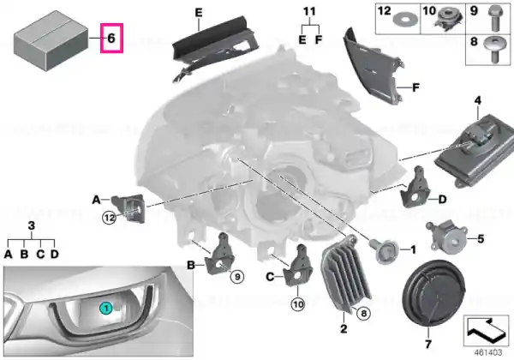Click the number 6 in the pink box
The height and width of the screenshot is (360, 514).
tap(111, 38)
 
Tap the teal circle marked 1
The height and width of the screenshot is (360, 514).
tap(106, 309)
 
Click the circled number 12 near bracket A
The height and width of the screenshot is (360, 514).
tap(110, 218)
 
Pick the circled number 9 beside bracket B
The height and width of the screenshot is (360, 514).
tap(237, 277)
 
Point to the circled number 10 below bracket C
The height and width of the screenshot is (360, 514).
tap(297, 304)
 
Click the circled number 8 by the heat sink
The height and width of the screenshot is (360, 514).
tap(363, 314)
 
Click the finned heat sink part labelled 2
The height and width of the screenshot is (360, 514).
tap(345, 274)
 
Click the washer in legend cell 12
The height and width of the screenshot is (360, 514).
tap(403, 21)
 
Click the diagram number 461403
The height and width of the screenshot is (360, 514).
tap(487, 352)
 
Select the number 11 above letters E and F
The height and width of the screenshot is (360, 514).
tap(309, 12)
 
